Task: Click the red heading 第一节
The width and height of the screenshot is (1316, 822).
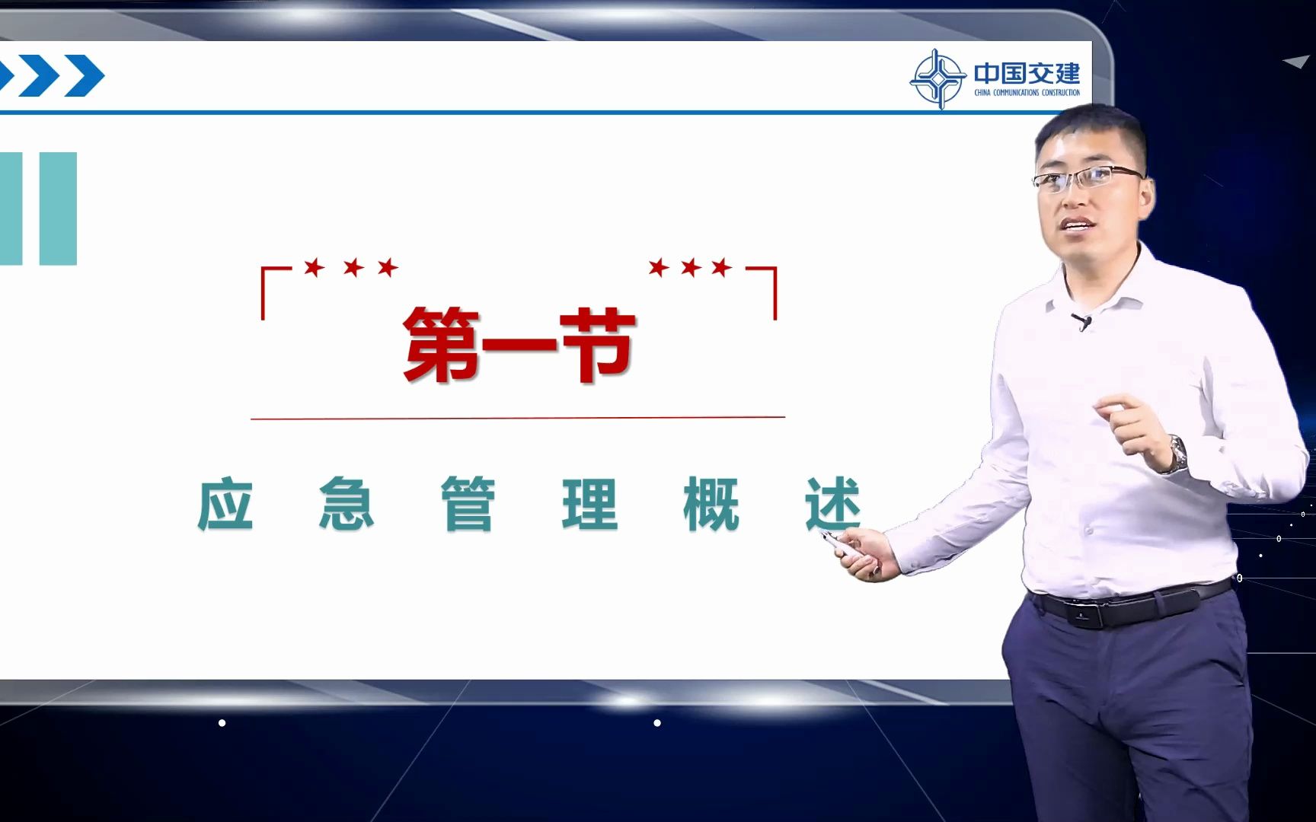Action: pos(519,345)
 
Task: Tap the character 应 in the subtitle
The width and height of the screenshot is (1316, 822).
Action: pos(225,503)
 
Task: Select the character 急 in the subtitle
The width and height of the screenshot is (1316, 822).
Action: pos(347,503)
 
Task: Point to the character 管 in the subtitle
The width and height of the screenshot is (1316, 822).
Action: pos(468,503)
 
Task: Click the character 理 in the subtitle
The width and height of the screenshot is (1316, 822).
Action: pos(589,503)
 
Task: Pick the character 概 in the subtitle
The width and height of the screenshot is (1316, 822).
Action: pos(711,503)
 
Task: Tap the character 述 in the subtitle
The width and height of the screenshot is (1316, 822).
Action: pos(832,503)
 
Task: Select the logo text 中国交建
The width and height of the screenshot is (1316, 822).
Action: pos(1027,73)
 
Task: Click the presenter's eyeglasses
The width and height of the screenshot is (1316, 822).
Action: pos(1087,177)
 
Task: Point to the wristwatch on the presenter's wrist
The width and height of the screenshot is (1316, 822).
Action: pos(1177,454)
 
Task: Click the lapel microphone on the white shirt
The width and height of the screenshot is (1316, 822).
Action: pos(1081,321)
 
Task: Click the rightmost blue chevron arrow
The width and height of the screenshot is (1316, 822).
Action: pos(84,76)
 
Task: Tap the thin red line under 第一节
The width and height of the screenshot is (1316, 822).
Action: pos(518,418)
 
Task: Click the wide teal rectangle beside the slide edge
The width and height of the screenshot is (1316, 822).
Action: pos(58,209)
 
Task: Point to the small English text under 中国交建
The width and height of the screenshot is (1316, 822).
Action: pos(1027,93)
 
